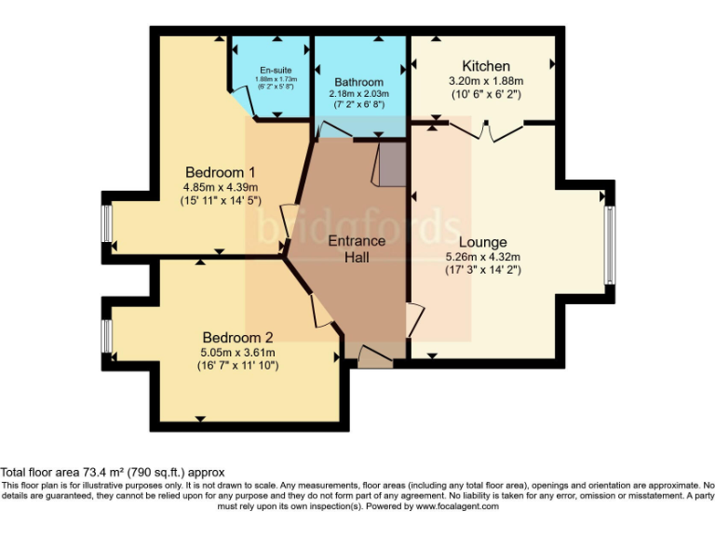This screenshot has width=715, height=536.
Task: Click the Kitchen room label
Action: pyautogui.click(x=486, y=66)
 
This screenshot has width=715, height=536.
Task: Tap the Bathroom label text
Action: pyautogui.click(x=358, y=82)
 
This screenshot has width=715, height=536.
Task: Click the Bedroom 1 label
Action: pyautogui.click(x=221, y=172)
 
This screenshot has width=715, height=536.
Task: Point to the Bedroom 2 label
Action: pyautogui.click(x=237, y=337)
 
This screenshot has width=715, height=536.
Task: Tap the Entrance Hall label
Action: pyautogui.click(x=356, y=248)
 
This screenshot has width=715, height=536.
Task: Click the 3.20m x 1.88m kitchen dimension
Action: pyautogui.click(x=486, y=81)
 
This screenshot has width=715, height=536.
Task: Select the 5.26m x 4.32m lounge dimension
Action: pyautogui.click(x=482, y=257)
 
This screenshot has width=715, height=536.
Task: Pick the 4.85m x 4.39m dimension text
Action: pyautogui.click(x=221, y=187)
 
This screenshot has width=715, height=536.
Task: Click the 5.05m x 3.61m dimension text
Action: pyautogui.click(x=237, y=352)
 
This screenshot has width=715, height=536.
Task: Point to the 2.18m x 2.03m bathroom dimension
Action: pyautogui.click(x=358, y=94)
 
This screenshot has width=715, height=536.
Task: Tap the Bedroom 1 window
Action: pyautogui.click(x=107, y=222)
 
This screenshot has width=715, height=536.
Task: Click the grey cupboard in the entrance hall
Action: pyautogui.click(x=390, y=165)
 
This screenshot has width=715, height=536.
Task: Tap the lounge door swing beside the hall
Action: pyautogui.click(x=414, y=320)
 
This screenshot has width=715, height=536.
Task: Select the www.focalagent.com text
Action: pyautogui.click(x=457, y=506)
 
